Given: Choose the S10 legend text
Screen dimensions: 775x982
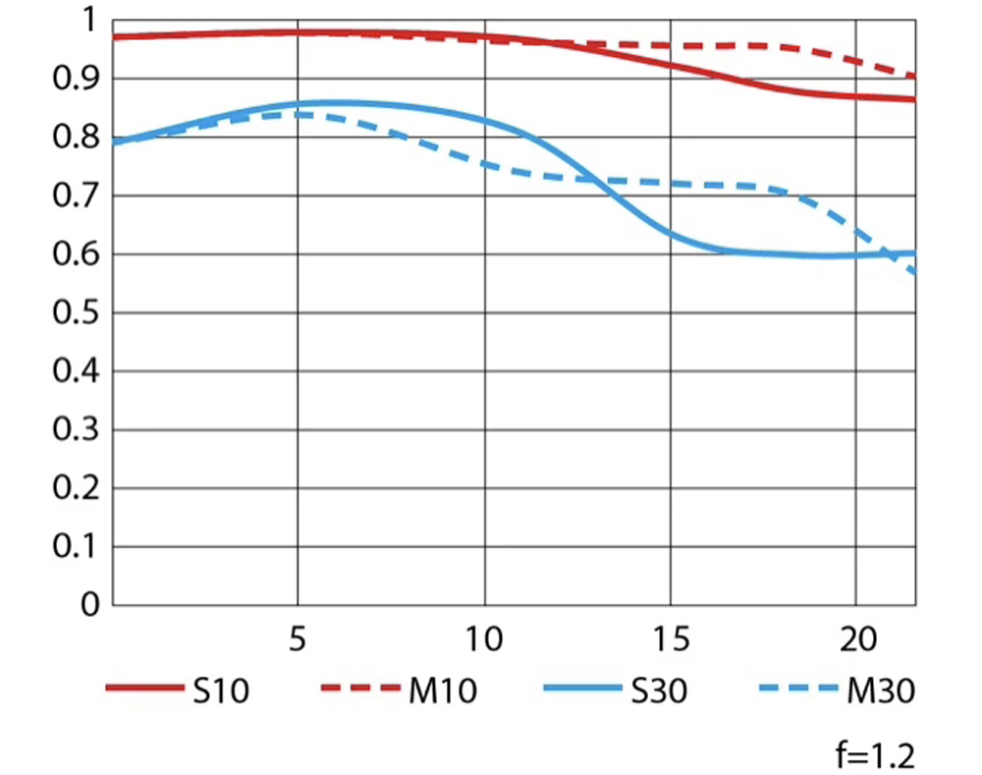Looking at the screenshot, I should (221, 692).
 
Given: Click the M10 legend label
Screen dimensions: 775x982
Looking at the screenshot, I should (442, 692).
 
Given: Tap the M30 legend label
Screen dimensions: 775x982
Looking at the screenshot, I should (880, 692).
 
